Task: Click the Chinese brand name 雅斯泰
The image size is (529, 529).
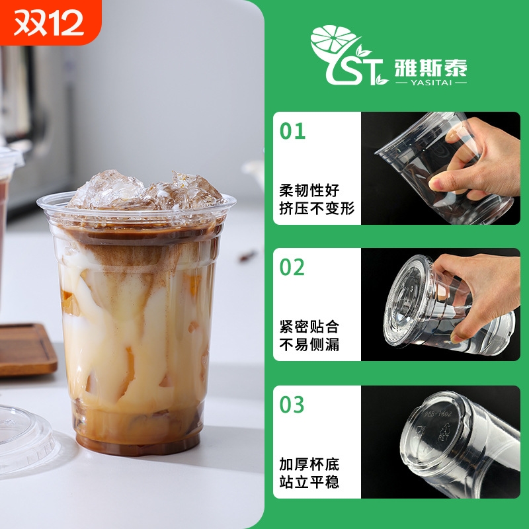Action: pyautogui.click(x=430, y=66)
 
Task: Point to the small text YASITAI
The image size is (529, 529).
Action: pyautogui.click(x=430, y=83)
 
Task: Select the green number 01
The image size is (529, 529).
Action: pyautogui.click(x=292, y=131)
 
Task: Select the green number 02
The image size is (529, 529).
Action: pyautogui.click(x=292, y=267)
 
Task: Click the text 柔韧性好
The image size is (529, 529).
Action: pyautogui.click(x=309, y=191)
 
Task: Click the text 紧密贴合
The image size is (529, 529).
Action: pyautogui.click(x=309, y=327)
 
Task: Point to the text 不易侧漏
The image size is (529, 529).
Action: pyautogui.click(x=309, y=345)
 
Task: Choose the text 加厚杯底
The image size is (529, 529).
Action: pyautogui.click(x=309, y=464)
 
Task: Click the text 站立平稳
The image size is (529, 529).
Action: pyautogui.click(x=309, y=482)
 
